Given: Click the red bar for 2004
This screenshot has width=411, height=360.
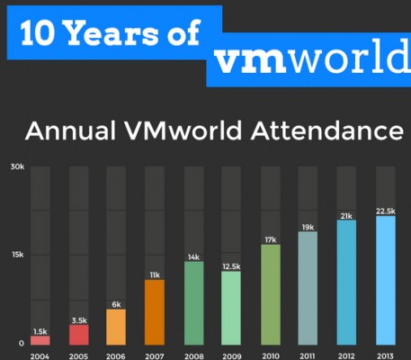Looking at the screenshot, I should click(x=40, y=340).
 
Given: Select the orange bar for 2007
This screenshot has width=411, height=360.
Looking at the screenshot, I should click(x=155, y=312).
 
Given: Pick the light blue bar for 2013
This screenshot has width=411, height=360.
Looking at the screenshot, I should click(x=385, y=281).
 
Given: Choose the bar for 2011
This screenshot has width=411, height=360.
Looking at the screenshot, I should click(x=308, y=289).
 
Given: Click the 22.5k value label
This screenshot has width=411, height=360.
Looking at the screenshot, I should click(x=385, y=211).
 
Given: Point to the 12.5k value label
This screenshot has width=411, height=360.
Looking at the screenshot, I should click(x=231, y=266).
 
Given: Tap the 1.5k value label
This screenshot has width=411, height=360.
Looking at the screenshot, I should click(x=40, y=330).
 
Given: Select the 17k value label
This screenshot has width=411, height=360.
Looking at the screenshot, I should click(x=270, y=239).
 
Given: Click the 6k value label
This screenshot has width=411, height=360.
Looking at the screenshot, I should click(x=117, y=304).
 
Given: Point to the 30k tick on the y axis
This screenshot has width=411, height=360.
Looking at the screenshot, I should click(x=16, y=167).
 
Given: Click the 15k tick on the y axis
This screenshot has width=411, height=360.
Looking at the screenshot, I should click(x=16, y=256).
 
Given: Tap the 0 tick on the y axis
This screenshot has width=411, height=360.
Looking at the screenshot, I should click(x=20, y=343).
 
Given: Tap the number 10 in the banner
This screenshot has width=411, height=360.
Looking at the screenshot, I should click(x=40, y=33).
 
